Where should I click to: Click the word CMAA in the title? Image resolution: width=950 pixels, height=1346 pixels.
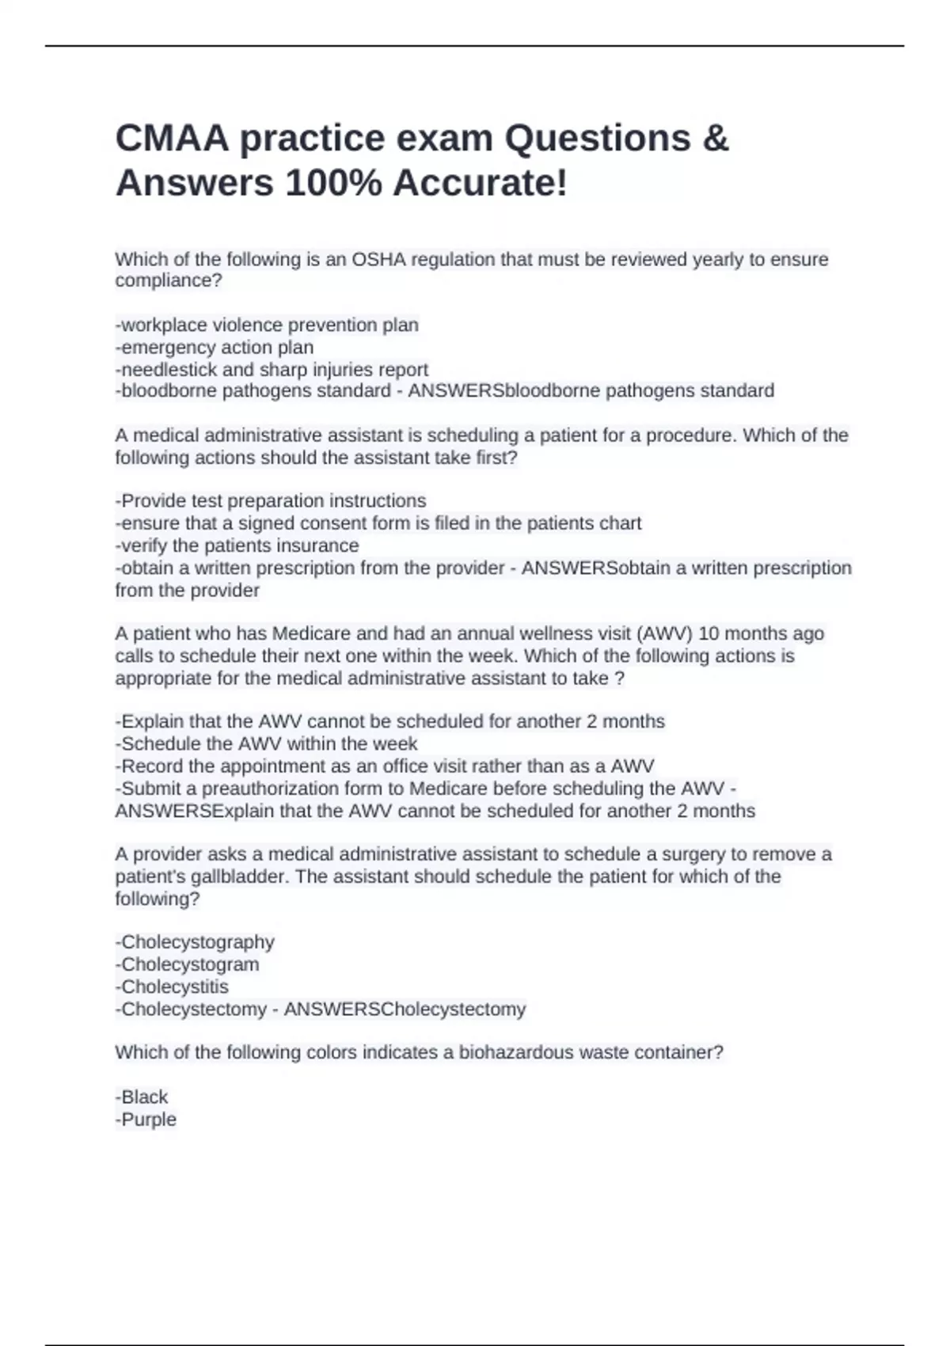(172, 139)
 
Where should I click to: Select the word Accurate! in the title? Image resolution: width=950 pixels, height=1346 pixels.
(480, 184)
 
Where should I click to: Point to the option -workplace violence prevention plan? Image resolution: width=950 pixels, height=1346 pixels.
(267, 325)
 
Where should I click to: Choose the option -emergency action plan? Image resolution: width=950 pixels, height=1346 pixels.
(215, 348)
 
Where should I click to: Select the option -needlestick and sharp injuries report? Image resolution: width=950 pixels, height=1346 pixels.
(272, 370)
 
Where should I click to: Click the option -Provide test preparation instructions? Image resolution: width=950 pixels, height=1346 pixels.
(271, 501)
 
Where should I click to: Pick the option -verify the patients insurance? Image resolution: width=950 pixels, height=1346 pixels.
(237, 546)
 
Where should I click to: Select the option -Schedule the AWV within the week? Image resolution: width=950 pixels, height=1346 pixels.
(266, 743)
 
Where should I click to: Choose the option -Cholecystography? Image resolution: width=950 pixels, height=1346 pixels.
(195, 942)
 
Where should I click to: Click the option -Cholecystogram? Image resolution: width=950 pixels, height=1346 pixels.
(187, 964)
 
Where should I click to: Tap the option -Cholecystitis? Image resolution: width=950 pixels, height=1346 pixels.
(172, 987)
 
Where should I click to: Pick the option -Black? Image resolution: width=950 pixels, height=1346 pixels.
(142, 1097)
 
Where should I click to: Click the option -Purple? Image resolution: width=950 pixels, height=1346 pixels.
(146, 1120)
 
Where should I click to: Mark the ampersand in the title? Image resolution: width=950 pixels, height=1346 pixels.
(714, 139)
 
